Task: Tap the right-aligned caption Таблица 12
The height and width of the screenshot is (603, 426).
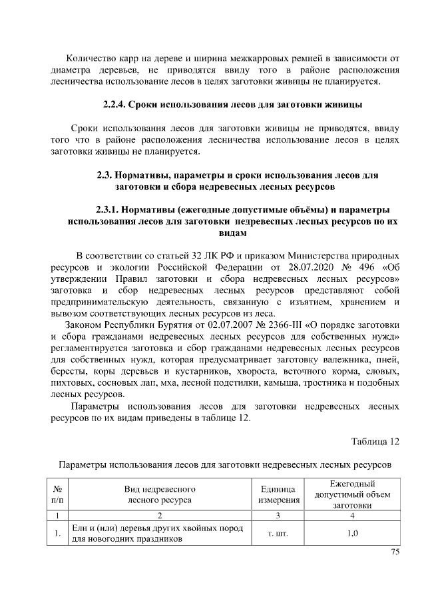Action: coord(375,441)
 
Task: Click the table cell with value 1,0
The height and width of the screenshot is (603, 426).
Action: coord(352,533)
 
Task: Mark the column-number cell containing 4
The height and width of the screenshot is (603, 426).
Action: coord(352,515)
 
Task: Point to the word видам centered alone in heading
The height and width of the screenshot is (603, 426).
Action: coord(232,233)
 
